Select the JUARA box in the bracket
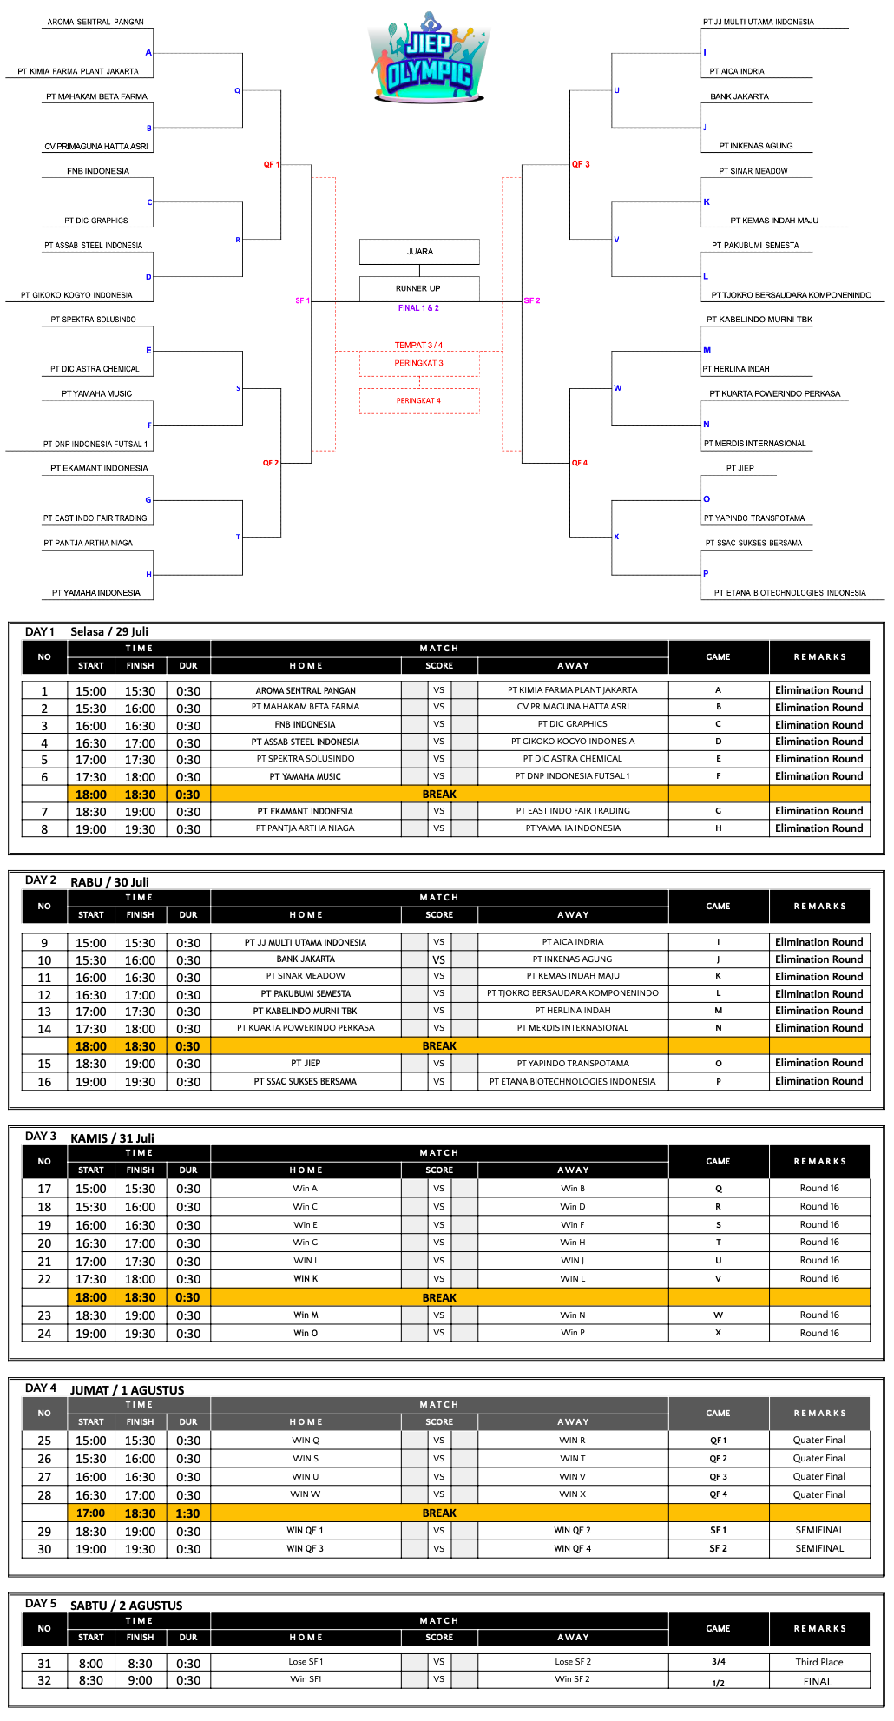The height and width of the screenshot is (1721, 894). click(x=419, y=252)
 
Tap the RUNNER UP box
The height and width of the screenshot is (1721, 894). click(x=419, y=288)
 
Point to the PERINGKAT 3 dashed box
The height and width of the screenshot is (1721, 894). click(x=419, y=363)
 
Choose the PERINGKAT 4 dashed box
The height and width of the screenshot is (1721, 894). click(x=419, y=400)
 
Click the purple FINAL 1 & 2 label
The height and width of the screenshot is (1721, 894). click(x=418, y=308)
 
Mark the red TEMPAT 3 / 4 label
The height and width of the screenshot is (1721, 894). click(x=418, y=346)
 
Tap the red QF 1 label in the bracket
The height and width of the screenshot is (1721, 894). click(x=271, y=164)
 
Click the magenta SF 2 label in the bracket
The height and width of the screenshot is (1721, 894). click(x=532, y=300)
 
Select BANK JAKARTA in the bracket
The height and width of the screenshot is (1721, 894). click(x=740, y=96)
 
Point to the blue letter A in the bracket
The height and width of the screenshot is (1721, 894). click(x=148, y=53)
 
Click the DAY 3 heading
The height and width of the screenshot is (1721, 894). click(x=41, y=1136)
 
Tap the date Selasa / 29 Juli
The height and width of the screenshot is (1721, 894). click(x=109, y=631)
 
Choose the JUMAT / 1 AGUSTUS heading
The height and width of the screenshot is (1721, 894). click(x=128, y=1389)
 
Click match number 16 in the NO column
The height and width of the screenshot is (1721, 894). click(x=44, y=1082)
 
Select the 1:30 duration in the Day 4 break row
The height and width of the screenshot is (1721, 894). click(x=188, y=1513)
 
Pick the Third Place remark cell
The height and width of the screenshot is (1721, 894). click(x=819, y=1662)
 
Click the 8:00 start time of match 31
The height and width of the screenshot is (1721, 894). click(x=91, y=1664)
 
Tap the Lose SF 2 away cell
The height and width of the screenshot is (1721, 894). click(x=573, y=1662)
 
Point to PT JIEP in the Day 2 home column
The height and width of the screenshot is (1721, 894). click(x=306, y=1063)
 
